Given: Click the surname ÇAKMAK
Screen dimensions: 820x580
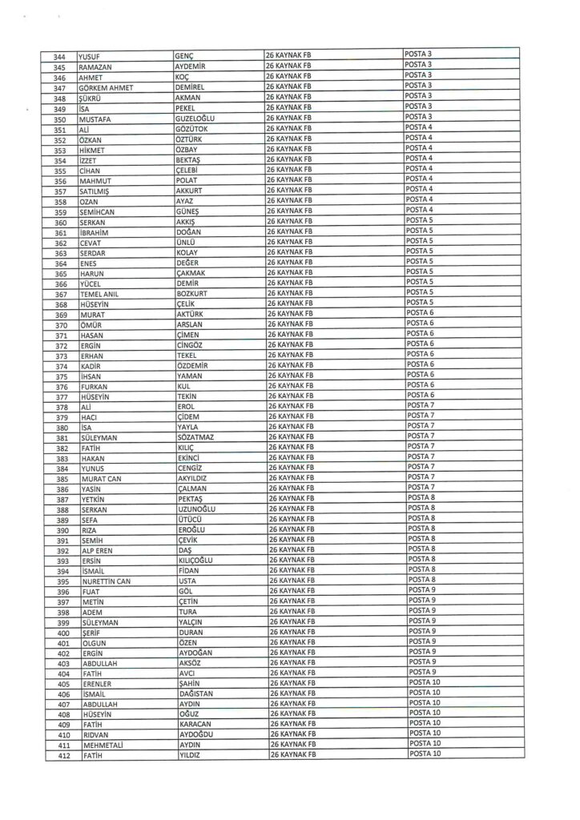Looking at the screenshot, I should click(x=192, y=274).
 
